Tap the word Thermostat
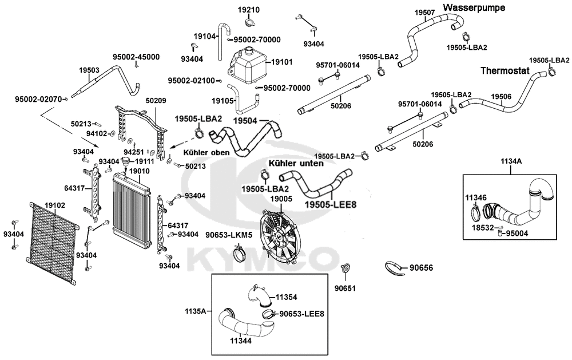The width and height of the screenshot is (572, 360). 505,72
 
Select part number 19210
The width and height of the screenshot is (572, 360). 249,10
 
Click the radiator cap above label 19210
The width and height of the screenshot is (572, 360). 249,23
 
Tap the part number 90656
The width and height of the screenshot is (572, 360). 422,267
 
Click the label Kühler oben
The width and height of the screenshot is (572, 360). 206,153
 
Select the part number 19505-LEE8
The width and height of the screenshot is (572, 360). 327,204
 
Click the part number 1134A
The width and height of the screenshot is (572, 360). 511,161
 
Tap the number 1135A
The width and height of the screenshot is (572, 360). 195,312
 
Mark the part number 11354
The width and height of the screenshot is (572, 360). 287,297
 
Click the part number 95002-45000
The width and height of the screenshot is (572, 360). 136,57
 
